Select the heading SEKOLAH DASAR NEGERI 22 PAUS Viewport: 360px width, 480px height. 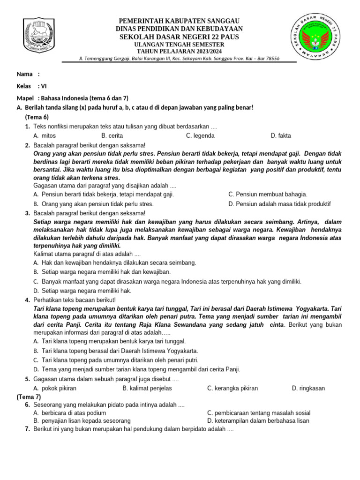179,37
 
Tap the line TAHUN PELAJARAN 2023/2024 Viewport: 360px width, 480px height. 179,51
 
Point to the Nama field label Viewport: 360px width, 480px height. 25,74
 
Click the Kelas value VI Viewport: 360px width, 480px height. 44,86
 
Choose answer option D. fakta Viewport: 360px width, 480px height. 281,136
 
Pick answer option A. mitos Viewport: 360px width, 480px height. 45,136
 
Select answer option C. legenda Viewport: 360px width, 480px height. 200,136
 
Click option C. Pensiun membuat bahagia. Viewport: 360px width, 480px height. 268,195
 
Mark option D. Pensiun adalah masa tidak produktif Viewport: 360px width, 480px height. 279,204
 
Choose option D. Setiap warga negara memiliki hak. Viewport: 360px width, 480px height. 80,291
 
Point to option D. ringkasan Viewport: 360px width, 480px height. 308,388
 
